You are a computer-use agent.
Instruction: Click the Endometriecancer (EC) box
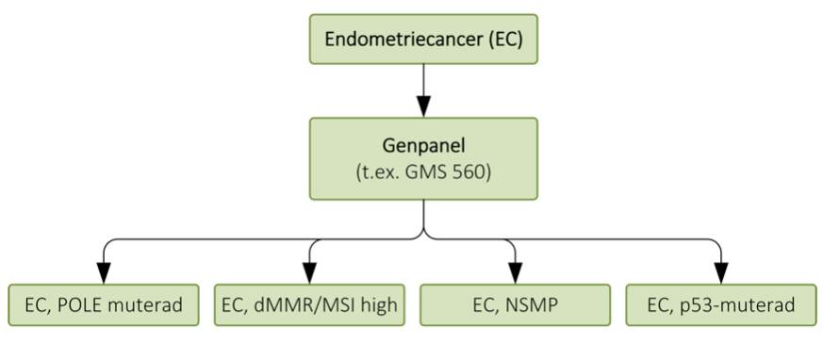(x=423, y=40)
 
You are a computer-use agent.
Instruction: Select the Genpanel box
(x=423, y=158)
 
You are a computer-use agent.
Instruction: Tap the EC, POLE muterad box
(x=104, y=304)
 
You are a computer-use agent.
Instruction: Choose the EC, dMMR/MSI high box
(x=309, y=304)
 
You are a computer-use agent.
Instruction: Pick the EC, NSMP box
(x=514, y=304)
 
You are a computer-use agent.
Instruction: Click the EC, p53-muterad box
(x=721, y=304)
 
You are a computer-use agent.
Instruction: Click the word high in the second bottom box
(x=377, y=304)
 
